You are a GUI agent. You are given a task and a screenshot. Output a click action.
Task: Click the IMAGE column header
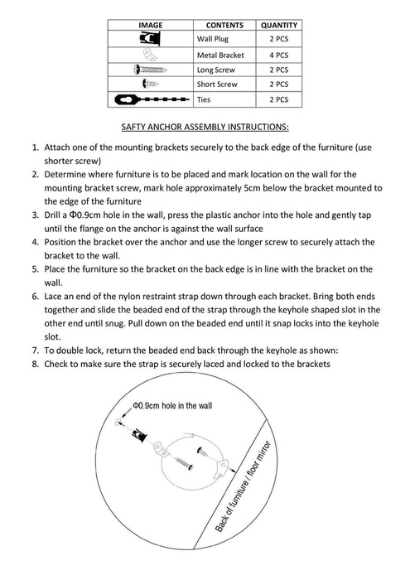(x=151, y=25)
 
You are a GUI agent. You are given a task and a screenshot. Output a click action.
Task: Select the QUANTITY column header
(x=279, y=25)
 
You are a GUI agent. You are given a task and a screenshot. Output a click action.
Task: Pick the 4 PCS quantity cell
(x=279, y=56)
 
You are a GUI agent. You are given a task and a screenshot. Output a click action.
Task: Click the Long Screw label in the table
(x=216, y=70)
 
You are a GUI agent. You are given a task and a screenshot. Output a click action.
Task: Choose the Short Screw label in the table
(x=217, y=85)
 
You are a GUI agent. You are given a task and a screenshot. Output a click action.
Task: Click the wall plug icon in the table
(x=150, y=38)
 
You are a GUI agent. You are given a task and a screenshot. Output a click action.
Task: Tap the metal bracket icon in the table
(x=150, y=55)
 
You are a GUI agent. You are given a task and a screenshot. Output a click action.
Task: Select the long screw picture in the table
(x=150, y=69)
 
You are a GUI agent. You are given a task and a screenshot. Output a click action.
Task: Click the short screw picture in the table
(x=150, y=84)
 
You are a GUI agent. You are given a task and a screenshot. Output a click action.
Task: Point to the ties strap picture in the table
(x=152, y=99)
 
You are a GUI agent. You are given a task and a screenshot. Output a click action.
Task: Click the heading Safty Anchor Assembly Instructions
(x=205, y=127)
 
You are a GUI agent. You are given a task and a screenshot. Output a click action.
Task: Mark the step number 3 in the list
(x=35, y=215)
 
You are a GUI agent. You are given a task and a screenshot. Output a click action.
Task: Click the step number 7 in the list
(x=35, y=350)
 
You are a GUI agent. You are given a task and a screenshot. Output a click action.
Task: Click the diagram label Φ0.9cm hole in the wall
(x=172, y=406)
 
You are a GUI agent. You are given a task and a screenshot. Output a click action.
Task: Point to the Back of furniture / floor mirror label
(x=243, y=487)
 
